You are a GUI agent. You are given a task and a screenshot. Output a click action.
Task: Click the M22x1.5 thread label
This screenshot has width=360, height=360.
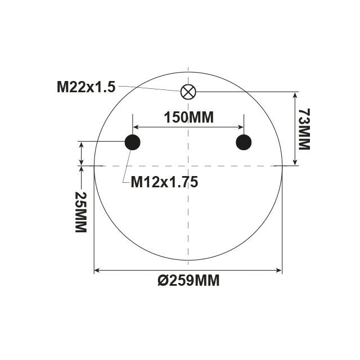(85, 87)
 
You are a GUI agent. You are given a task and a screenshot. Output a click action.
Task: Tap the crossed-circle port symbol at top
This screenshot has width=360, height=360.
(188, 92)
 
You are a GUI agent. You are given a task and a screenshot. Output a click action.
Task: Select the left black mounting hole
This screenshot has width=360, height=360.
(132, 142)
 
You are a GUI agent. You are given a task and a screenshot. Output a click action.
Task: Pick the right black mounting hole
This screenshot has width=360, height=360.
(244, 142)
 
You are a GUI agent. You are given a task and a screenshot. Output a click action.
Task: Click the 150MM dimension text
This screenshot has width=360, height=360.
(188, 118)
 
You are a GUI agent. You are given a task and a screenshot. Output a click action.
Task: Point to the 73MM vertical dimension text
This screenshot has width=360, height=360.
(304, 129)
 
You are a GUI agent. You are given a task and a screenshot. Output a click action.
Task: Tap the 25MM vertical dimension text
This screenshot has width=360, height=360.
(80, 213)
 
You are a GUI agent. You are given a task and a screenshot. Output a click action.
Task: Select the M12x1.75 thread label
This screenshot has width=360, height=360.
(164, 182)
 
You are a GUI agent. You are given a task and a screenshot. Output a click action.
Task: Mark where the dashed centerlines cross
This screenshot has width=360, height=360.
(188, 165)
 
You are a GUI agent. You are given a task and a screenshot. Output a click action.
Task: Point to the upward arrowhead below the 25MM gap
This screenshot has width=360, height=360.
(82, 170)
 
